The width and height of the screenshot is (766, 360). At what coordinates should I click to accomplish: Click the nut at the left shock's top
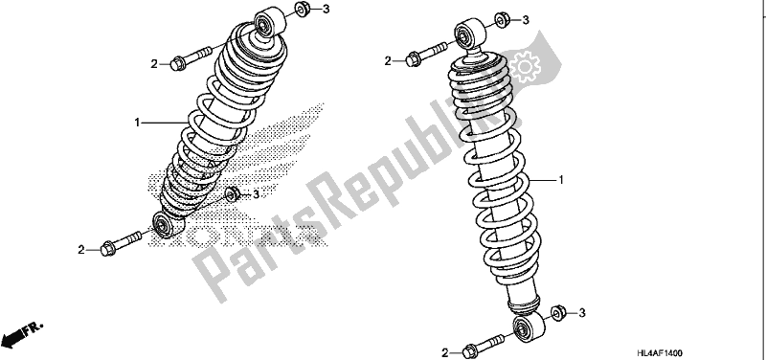(302, 9)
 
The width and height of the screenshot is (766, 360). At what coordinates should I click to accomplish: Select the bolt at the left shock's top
(191, 57)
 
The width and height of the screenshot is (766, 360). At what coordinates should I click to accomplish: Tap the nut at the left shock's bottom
(232, 194)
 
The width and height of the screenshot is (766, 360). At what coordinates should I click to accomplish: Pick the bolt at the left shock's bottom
(121, 243)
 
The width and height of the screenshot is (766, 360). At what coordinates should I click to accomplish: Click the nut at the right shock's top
(502, 19)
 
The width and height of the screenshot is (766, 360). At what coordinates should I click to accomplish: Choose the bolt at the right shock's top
(426, 55)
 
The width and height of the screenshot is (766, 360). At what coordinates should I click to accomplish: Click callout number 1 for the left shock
(137, 123)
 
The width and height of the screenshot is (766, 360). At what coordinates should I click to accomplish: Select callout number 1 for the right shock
(561, 180)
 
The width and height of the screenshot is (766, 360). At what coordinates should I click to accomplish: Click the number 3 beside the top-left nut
(327, 9)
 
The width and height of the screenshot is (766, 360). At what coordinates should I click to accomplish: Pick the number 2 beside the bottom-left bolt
(80, 250)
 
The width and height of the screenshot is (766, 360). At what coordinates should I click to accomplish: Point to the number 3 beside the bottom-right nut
(582, 313)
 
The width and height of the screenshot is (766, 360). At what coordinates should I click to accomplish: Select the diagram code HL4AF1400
(659, 353)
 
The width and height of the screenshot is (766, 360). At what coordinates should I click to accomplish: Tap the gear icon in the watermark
(525, 67)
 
